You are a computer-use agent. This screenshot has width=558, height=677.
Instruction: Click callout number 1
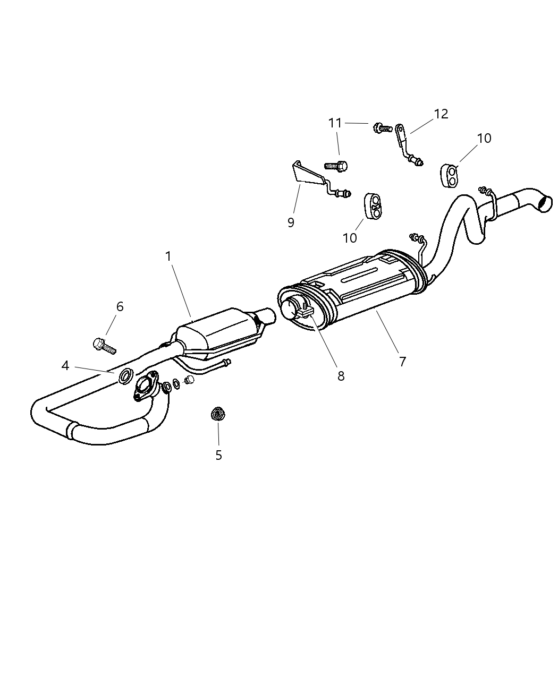click(168, 256)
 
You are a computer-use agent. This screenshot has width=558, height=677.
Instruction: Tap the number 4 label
click(65, 366)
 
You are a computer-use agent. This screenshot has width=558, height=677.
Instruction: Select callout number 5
click(218, 455)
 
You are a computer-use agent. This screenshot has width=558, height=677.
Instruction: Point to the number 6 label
click(120, 306)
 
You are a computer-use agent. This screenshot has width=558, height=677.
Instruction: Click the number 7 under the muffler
click(402, 362)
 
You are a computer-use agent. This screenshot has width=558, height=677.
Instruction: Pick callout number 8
click(341, 376)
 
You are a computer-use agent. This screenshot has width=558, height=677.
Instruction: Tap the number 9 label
click(291, 222)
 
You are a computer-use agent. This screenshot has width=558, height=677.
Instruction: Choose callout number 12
click(441, 114)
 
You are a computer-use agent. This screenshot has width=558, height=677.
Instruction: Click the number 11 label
click(335, 123)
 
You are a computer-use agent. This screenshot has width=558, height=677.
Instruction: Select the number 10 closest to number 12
click(484, 138)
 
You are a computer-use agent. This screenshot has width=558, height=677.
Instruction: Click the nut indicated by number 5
click(216, 414)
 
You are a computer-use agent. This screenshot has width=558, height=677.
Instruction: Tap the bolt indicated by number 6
click(104, 346)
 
